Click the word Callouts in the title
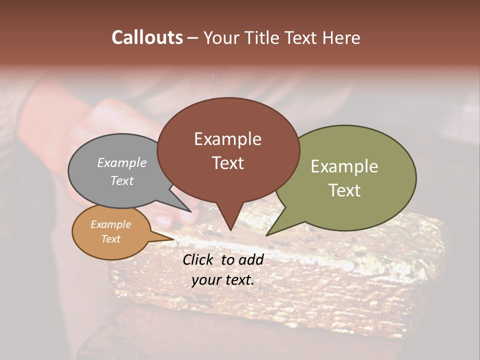point(147,37)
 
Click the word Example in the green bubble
point(344,166)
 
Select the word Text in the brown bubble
point(228,163)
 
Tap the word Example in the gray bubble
point(122,162)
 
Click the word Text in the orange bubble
point(111,239)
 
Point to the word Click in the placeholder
point(198,259)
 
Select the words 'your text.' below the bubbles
point(223,280)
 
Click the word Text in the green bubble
point(344,190)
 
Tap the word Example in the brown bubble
point(228,139)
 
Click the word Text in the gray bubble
point(122,180)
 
